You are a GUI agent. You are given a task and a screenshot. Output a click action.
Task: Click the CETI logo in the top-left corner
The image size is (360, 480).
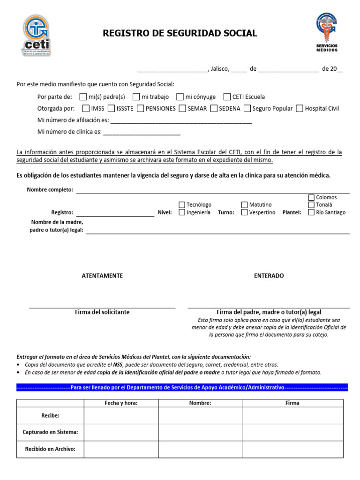[x=36, y=35]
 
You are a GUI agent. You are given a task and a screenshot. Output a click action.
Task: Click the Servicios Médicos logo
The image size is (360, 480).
[x=326, y=32]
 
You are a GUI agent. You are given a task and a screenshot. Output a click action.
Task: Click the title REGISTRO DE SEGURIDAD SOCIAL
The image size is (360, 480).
[x=180, y=33]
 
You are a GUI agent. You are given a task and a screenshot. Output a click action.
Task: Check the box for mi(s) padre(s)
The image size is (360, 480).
[x=83, y=97]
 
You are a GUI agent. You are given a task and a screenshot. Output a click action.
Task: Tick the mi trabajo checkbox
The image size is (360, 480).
[x=136, y=97]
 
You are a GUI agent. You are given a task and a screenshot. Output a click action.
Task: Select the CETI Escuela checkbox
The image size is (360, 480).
[x=227, y=97]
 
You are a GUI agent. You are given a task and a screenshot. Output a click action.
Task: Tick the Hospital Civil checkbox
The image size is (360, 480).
[x=300, y=108]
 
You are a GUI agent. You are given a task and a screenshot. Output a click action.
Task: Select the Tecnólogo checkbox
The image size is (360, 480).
[x=182, y=205]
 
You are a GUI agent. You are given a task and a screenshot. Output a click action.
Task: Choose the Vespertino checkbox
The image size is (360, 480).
[x=244, y=212]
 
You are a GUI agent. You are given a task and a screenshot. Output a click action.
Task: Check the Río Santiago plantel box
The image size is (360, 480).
[x=311, y=212]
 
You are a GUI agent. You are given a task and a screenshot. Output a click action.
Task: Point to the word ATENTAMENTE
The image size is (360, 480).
[x=102, y=276]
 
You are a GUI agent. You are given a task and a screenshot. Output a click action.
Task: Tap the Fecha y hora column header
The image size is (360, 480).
[x=121, y=403]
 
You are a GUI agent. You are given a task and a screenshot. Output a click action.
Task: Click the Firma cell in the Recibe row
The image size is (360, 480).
[x=292, y=415]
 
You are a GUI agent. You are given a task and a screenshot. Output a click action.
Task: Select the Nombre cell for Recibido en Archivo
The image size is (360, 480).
[x=200, y=449]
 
